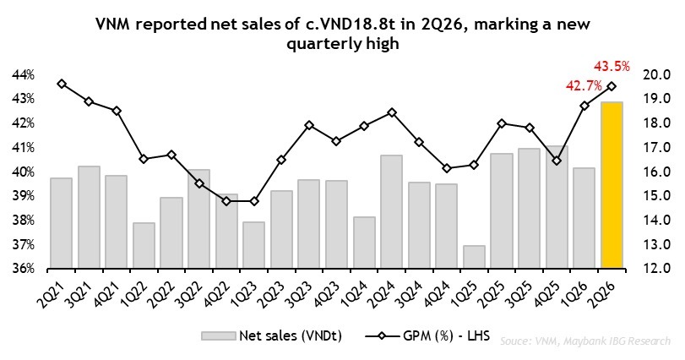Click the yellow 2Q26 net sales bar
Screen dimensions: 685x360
click(x=612, y=185)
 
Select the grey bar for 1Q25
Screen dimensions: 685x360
click(x=474, y=256)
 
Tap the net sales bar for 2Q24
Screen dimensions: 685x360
click(x=391, y=211)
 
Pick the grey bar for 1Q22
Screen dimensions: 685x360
click(x=144, y=245)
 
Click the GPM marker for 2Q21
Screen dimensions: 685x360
click(x=62, y=84)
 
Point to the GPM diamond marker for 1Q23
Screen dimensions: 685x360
click(x=254, y=201)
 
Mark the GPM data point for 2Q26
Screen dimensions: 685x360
click(x=612, y=86)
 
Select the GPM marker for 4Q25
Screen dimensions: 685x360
click(x=557, y=161)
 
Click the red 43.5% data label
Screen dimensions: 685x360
click(x=612, y=67)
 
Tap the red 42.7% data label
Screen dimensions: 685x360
click(x=584, y=85)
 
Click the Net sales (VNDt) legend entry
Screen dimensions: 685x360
click(x=271, y=336)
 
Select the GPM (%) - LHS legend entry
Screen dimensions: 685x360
click(x=427, y=336)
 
